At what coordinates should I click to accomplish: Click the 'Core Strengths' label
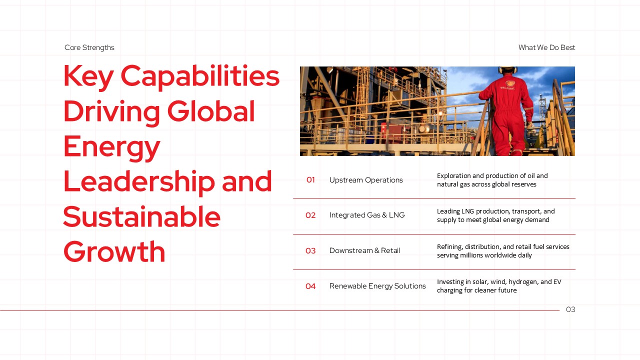click(x=89, y=47)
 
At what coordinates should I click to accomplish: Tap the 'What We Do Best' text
click(x=546, y=47)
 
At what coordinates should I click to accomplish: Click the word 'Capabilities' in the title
click(x=200, y=76)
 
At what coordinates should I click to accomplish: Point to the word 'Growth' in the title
click(x=114, y=251)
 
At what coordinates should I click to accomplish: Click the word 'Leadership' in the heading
click(x=139, y=181)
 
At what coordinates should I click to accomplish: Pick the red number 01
click(x=310, y=179)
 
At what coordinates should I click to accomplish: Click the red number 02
click(x=310, y=215)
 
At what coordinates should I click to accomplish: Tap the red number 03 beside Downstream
click(x=310, y=250)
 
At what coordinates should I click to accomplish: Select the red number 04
click(x=310, y=286)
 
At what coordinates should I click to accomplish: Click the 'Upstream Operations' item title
click(x=366, y=180)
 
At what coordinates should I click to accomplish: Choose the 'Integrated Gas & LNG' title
click(x=367, y=215)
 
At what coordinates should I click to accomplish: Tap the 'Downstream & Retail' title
click(x=364, y=250)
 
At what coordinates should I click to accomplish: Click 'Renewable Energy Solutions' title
click(x=377, y=285)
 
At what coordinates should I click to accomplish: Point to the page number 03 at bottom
click(x=570, y=309)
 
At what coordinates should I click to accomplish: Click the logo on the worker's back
click(x=510, y=83)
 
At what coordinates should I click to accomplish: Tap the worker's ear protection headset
click(x=507, y=69)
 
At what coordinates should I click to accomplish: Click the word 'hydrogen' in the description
click(x=523, y=282)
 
